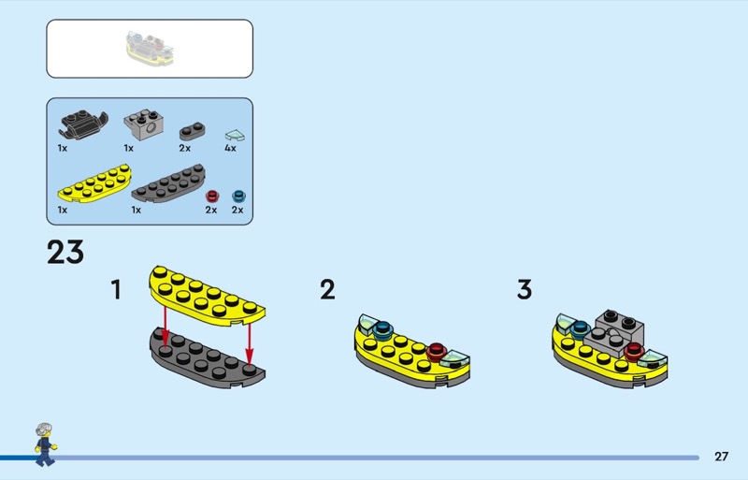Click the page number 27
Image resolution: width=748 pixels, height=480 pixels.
(x=721, y=456)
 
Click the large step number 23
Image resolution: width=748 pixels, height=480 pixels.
(x=65, y=253)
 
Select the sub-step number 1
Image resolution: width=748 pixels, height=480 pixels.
(x=116, y=289)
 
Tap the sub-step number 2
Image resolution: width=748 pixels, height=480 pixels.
(x=327, y=289)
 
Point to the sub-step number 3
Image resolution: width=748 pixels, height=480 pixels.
(x=525, y=289)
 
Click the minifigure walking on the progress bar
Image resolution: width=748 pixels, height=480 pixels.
(x=45, y=444)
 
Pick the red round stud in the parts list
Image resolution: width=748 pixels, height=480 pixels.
(x=212, y=196)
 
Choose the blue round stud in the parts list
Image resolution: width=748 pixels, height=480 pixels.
(x=238, y=196)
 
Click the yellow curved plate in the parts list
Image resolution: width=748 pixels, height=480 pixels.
(x=94, y=183)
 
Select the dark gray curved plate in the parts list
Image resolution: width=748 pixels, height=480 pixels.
(x=168, y=183)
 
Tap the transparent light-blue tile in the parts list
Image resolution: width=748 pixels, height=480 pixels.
(x=235, y=135)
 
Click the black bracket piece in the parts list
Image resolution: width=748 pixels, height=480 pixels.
(x=83, y=124)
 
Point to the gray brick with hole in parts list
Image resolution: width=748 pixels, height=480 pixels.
(x=145, y=124)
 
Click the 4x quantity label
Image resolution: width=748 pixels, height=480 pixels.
(x=230, y=148)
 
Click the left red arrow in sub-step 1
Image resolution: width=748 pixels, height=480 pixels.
(x=165, y=326)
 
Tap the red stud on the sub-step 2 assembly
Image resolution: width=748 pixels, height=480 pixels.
(x=436, y=352)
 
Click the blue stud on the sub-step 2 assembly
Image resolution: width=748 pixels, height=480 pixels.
(x=381, y=329)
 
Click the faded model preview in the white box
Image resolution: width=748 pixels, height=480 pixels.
(x=150, y=49)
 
